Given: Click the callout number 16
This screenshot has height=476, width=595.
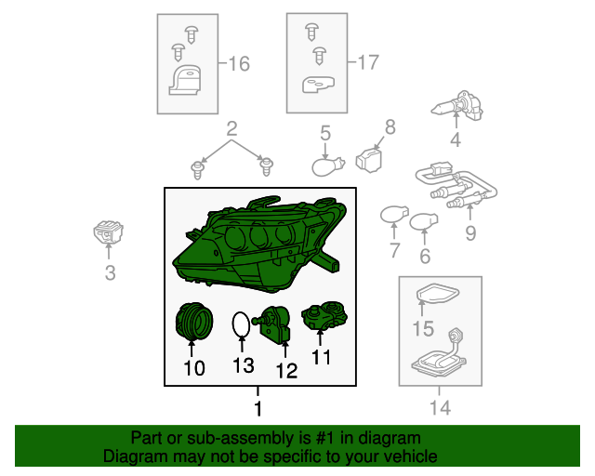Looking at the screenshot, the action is coord(240,63).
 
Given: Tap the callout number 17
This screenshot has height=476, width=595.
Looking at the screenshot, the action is coord(368,62).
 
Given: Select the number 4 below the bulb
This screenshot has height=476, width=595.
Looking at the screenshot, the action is coord(456,139).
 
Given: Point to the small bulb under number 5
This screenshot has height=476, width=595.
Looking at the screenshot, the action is coord(328,166).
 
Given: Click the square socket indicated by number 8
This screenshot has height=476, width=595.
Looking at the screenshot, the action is coord(369,160).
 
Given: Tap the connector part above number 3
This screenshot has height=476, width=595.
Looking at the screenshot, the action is coord(108,231).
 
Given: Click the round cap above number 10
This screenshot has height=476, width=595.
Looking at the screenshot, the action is coord(194,321).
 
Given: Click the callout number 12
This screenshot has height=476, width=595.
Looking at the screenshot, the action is coord(286,370).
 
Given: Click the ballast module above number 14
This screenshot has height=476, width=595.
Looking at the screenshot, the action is coord(439,351).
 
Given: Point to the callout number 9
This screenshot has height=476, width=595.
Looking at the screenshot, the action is coord(470,232).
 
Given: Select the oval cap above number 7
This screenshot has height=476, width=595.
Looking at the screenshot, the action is coord(394,215).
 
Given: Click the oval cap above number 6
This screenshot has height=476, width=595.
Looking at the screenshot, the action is coord(424,222).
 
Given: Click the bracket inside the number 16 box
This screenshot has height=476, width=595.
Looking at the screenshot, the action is coord(185,80).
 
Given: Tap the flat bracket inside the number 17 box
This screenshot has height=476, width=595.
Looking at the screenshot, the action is coord(318,85).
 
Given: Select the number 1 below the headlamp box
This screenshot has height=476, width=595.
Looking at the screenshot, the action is coord(258,408).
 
